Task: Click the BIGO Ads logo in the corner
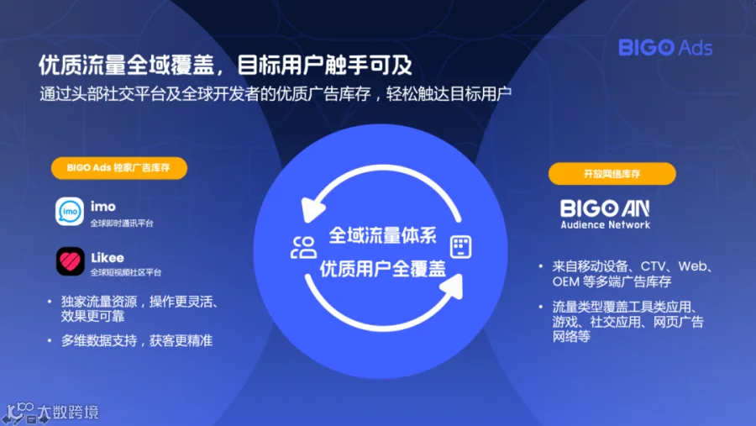(x=665, y=48)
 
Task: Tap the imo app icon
(x=70, y=211)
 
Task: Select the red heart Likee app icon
(x=71, y=261)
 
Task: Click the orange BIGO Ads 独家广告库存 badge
(x=119, y=168)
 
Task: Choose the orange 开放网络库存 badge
(x=612, y=174)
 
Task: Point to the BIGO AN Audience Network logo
(x=605, y=214)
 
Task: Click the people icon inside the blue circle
(x=304, y=248)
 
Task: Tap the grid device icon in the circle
(x=460, y=247)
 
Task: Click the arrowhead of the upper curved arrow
(x=311, y=210)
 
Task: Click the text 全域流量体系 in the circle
(x=383, y=235)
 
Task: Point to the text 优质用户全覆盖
(x=383, y=268)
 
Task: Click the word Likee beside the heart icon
(x=108, y=258)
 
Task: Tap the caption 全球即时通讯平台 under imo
(x=122, y=224)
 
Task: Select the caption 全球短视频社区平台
(x=126, y=272)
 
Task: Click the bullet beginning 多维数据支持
(x=136, y=340)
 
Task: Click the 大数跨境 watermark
(x=68, y=413)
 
